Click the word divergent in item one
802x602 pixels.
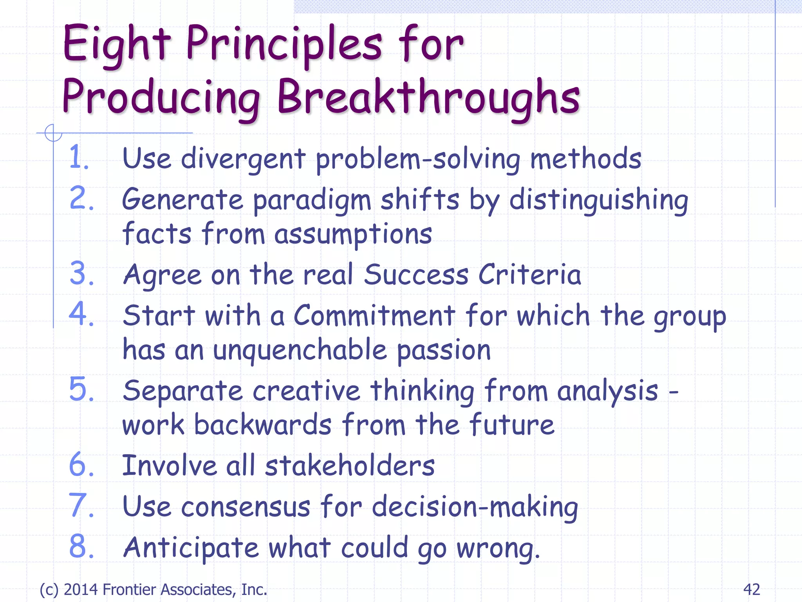[243, 159]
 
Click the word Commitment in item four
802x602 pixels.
[374, 316]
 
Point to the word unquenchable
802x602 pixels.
[300, 350]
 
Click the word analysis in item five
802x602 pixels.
[607, 392]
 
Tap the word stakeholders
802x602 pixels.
[350, 466]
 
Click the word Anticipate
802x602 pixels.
[191, 548]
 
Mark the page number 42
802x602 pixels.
[751, 589]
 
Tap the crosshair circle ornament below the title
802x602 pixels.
[53, 133]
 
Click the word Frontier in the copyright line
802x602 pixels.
[130, 589]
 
